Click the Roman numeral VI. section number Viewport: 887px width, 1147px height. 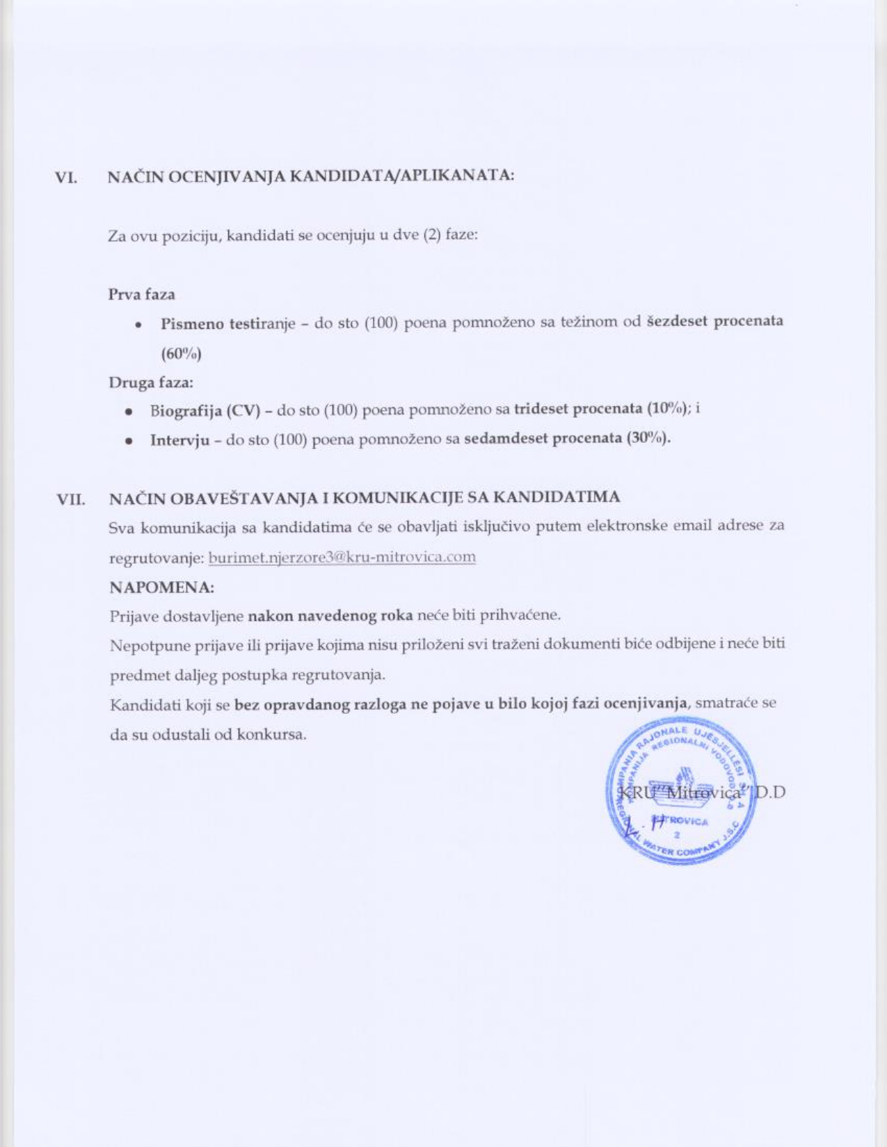(x=65, y=177)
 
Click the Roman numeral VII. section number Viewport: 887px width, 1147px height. (x=71, y=499)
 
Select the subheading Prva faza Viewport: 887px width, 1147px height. (x=142, y=294)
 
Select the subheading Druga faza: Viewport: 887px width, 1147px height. (x=151, y=382)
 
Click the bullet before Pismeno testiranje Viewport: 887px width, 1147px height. (x=140, y=325)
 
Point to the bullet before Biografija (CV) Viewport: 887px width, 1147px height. (x=129, y=412)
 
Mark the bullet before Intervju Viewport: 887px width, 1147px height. (x=129, y=441)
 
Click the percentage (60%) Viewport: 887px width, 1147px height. (x=182, y=354)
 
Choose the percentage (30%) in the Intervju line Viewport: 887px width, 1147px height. (x=648, y=439)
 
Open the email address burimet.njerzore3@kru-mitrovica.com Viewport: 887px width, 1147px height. (x=342, y=557)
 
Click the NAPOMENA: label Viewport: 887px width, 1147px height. (x=161, y=587)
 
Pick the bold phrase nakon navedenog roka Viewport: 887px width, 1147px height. (x=330, y=615)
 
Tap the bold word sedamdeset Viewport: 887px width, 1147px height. (x=505, y=439)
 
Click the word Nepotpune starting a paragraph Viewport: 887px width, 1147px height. (x=141, y=645)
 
